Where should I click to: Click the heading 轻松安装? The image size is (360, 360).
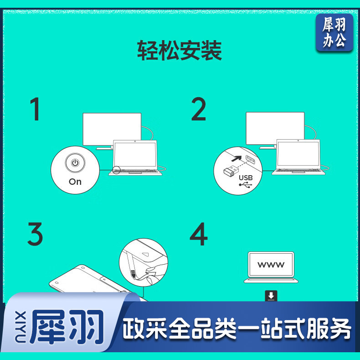click(180, 50)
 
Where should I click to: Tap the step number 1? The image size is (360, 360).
click(35, 109)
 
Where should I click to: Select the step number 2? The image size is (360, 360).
click(199, 109)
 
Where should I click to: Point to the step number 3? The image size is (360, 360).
click(35, 234)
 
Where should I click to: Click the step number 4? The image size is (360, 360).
click(199, 234)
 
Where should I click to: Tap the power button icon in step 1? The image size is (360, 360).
click(75, 163)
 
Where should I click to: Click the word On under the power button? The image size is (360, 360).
click(75, 182)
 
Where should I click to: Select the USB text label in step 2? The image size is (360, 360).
click(246, 177)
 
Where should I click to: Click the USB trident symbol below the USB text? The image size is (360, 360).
click(246, 185)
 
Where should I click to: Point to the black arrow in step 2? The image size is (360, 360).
click(237, 159)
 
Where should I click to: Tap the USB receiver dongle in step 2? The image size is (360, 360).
click(231, 170)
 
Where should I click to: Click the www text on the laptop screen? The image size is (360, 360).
click(271, 265)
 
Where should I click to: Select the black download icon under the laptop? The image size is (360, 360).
click(271, 296)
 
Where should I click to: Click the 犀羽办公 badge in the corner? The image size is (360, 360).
click(334, 32)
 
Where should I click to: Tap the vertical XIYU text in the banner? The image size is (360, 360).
click(21, 327)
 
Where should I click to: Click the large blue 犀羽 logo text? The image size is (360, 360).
click(67, 327)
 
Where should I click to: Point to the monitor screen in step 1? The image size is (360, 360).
click(112, 129)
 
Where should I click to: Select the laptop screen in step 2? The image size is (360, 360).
click(298, 154)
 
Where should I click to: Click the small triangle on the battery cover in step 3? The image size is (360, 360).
click(145, 254)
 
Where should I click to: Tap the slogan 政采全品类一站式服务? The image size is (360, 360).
click(237, 329)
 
